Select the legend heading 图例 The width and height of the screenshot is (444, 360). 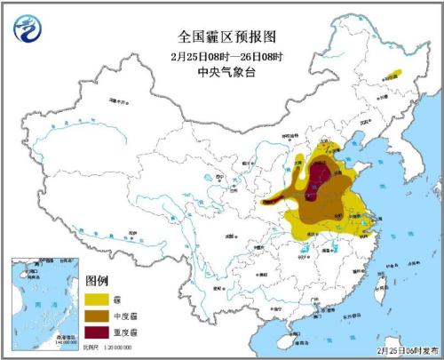pyautogui.click(x=99, y=281)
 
